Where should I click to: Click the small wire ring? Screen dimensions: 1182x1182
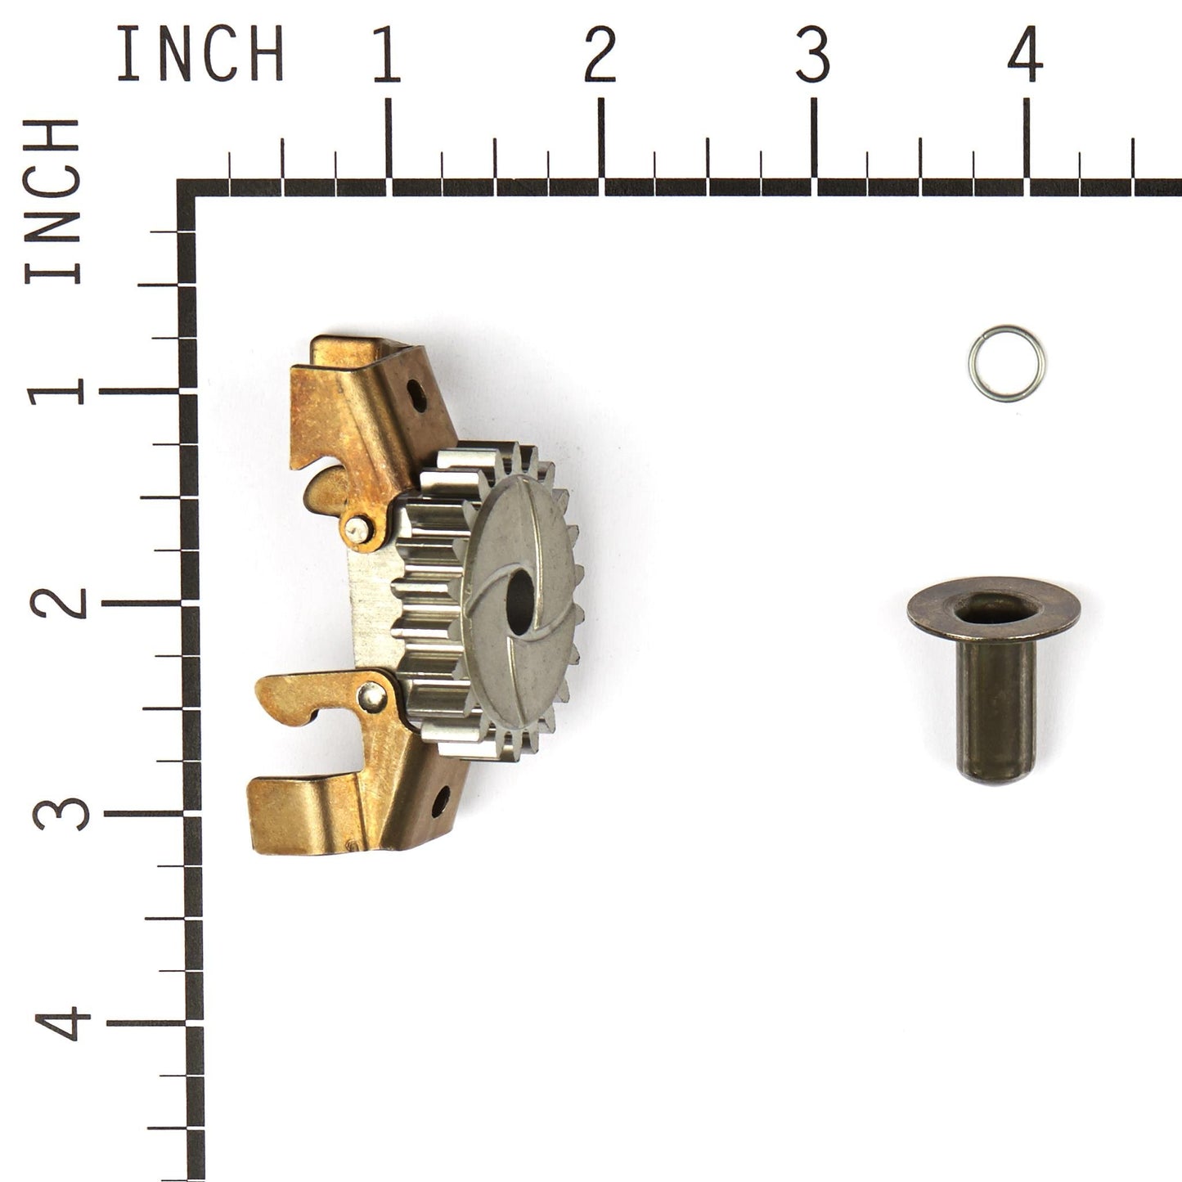tap(1006, 364)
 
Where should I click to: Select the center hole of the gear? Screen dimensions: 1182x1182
tap(519, 600)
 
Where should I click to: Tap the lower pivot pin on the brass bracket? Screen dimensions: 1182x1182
tap(373, 696)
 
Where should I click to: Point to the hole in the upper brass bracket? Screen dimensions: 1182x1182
tap(416, 397)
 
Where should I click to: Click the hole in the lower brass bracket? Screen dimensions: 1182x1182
tap(441, 800)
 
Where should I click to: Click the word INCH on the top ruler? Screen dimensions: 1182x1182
tap(200, 54)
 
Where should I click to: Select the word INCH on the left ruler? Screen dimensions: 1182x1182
tap(53, 201)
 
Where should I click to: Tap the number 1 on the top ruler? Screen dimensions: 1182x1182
tap(387, 55)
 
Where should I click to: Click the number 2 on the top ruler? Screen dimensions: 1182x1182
tap(600, 55)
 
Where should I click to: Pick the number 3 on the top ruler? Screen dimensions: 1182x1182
tap(812, 55)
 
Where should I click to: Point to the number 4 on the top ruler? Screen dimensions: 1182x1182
tap(1025, 55)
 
